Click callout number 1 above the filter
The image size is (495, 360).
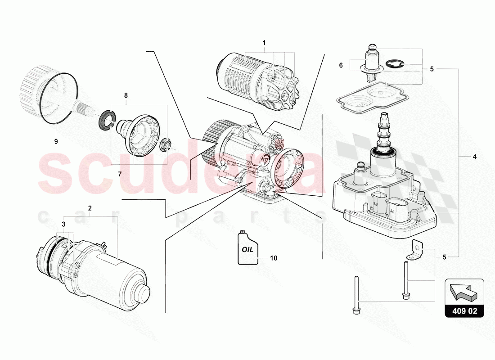(264, 43)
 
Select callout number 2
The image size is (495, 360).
(90, 208)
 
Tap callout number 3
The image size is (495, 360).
(63, 225)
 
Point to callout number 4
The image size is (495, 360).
(474, 157)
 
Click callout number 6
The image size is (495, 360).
(341, 65)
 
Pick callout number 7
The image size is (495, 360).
(120, 174)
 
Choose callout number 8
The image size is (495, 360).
(126, 95)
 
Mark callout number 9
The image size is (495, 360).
(56, 141)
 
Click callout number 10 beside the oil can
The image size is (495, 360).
(274, 258)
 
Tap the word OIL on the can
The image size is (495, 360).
(247, 249)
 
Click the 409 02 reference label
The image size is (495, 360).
(464, 311)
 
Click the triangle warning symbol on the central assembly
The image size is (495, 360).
(264, 159)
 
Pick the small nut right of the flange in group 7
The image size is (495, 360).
(165, 144)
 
